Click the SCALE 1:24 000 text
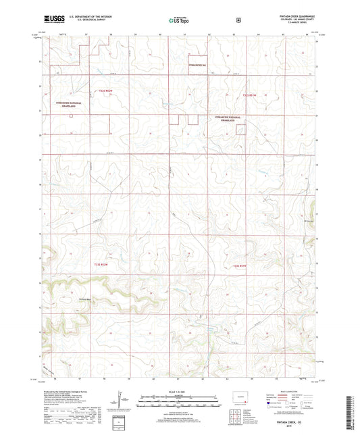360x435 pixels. (179, 392)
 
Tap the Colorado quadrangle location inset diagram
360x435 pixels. (237, 396)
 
